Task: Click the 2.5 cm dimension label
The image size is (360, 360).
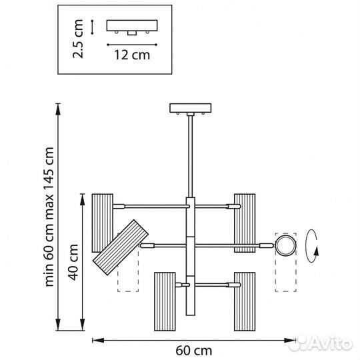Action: click(x=78, y=39)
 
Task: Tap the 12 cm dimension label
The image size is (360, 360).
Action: click(x=132, y=55)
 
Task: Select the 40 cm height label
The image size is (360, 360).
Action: click(x=73, y=262)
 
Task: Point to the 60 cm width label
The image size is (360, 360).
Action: click(x=194, y=351)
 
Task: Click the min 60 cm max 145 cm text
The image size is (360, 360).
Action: click(x=49, y=217)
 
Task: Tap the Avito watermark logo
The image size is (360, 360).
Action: click(x=321, y=343)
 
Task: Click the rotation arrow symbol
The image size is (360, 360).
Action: click(x=313, y=246)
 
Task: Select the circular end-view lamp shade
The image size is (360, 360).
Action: click(x=285, y=246)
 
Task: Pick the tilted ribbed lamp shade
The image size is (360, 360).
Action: click(x=121, y=247)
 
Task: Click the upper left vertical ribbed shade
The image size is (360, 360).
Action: click(x=103, y=223)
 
